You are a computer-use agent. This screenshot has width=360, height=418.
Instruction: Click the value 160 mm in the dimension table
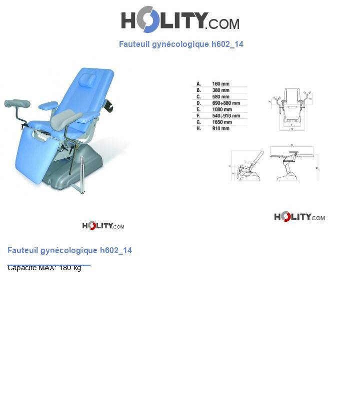tap(220, 84)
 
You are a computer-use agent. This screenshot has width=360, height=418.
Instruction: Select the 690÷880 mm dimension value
tap(226, 103)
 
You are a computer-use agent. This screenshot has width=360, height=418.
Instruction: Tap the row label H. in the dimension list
tap(198, 129)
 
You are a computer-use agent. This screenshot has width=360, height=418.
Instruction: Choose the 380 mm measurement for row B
tap(220, 90)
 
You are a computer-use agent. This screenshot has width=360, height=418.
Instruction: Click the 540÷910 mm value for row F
tap(226, 116)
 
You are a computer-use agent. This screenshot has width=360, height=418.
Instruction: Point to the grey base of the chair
tap(75, 167)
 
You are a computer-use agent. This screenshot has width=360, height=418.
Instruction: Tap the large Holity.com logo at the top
tap(180, 19)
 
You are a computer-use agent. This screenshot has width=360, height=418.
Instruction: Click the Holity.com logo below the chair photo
tap(103, 226)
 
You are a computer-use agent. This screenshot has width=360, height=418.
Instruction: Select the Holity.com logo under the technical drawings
tap(299, 217)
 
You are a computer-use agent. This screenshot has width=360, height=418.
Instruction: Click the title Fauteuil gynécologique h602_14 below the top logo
tap(181, 44)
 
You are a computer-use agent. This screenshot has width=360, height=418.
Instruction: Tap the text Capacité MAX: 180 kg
tap(44, 268)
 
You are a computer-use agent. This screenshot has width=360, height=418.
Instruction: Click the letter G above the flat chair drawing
tap(291, 146)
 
